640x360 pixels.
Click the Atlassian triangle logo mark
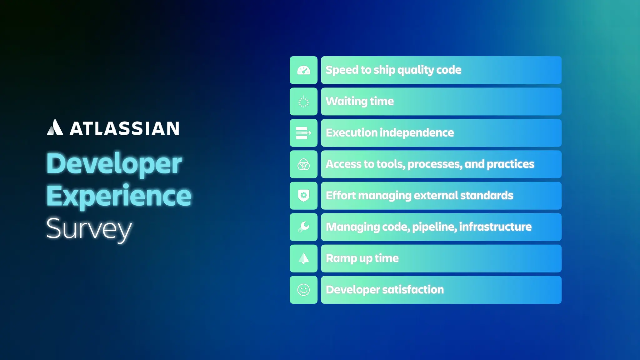(55, 127)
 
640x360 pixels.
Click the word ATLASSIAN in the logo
(124, 128)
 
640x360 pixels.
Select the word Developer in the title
(114, 163)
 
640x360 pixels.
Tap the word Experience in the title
(119, 196)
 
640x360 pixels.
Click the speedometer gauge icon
(303, 70)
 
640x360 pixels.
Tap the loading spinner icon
(303, 102)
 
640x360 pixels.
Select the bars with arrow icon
(303, 133)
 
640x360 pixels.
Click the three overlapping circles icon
(303, 164)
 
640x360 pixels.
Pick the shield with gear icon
(303, 196)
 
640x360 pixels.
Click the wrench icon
(303, 227)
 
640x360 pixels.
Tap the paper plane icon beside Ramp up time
(303, 258)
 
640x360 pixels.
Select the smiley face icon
(303, 290)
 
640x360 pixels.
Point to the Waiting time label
(360, 102)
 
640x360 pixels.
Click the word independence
(417, 133)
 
